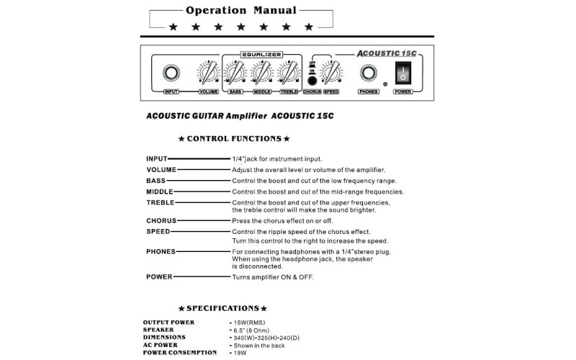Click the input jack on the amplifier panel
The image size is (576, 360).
point(171,73)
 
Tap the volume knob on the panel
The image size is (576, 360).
point(208,73)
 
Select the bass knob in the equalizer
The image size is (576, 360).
point(235,73)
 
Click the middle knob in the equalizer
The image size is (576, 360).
point(261,73)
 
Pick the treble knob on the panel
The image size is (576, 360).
point(288,73)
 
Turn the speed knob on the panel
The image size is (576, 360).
point(330,73)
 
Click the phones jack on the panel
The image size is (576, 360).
point(369,73)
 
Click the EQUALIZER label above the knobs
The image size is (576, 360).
point(261,54)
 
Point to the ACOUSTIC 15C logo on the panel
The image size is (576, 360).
point(387,53)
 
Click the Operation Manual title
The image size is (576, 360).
point(240,10)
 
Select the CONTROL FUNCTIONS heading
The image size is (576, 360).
point(234,138)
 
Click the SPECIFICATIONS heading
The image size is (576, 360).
point(222,308)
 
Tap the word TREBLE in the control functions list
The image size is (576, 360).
point(160,202)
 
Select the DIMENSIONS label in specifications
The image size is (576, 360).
point(164,337)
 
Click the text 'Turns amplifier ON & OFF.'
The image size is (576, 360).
point(273,276)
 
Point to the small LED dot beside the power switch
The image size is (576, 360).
point(386,84)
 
